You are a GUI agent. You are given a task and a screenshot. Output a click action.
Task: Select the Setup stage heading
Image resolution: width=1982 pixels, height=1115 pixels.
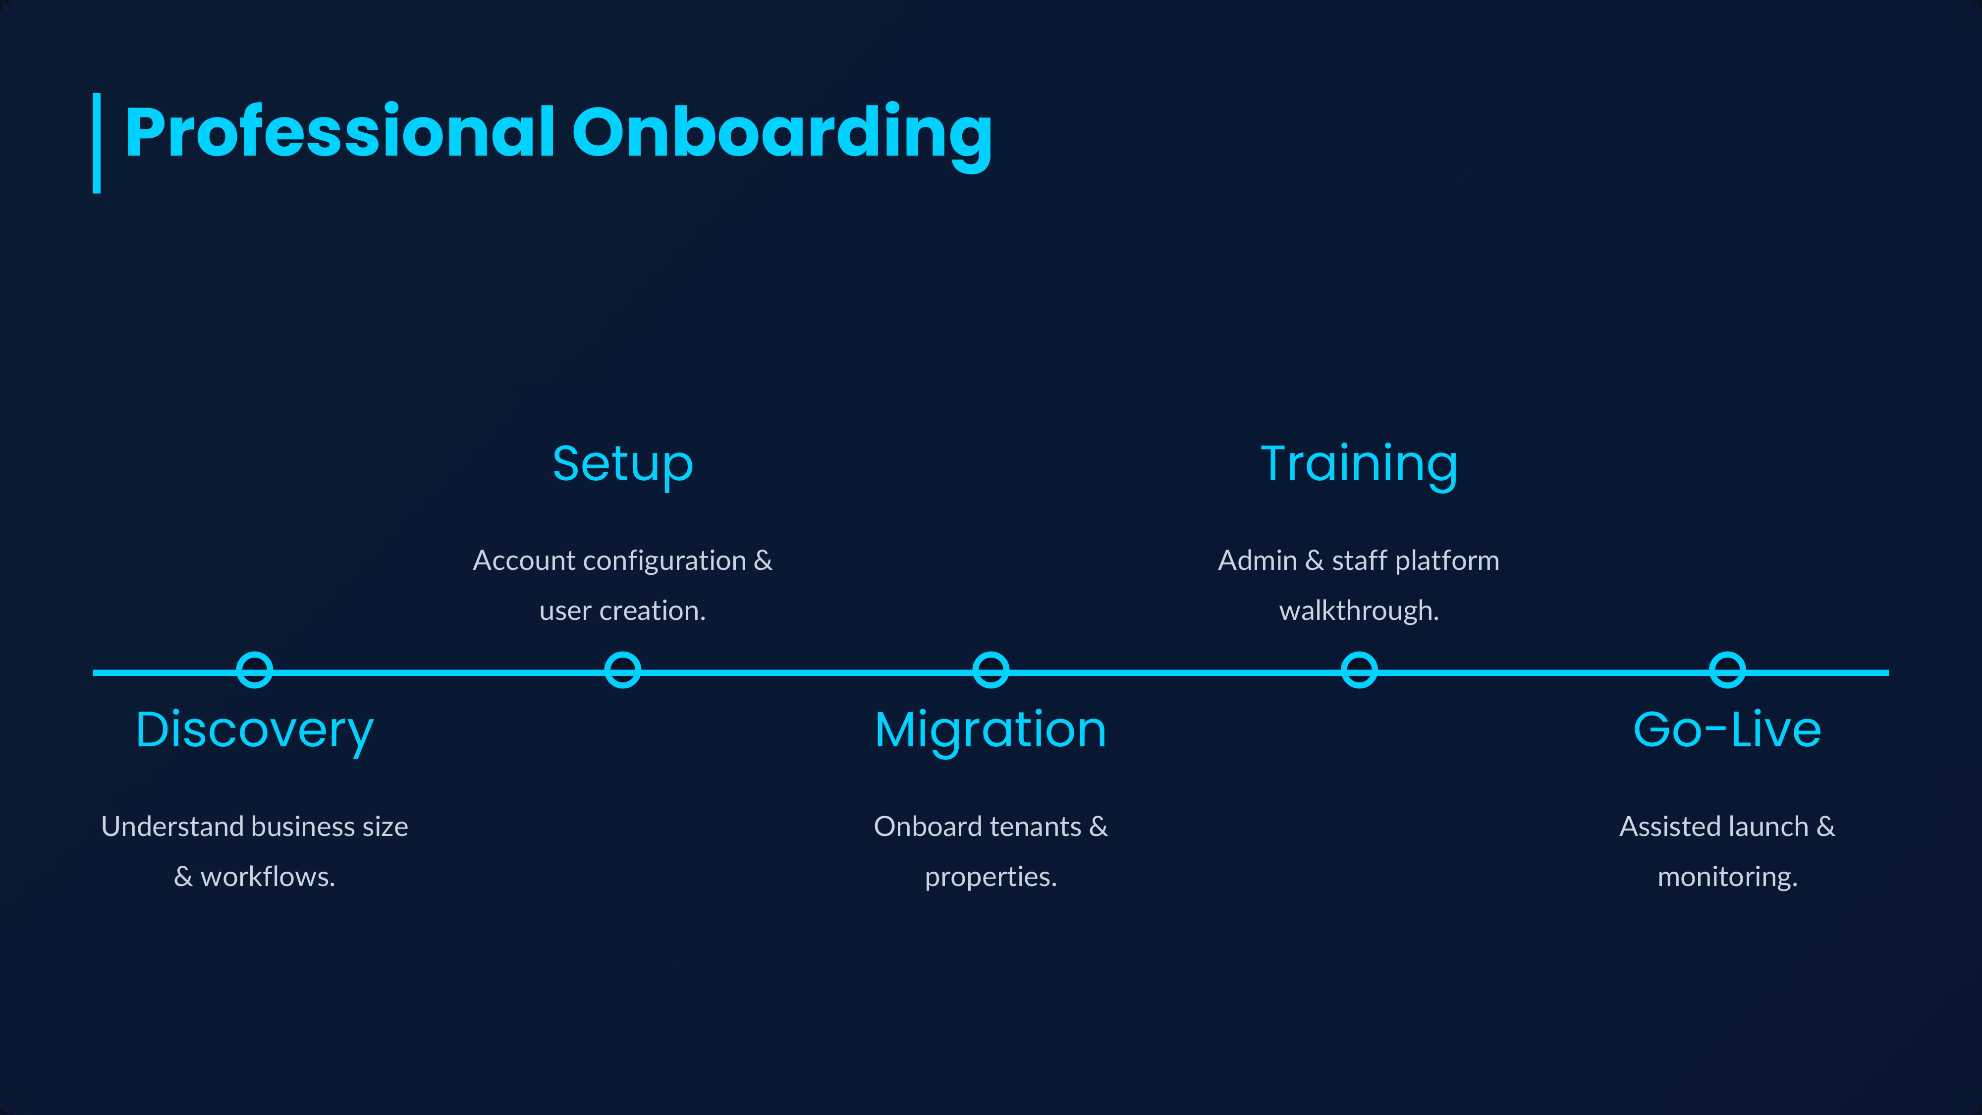(622, 464)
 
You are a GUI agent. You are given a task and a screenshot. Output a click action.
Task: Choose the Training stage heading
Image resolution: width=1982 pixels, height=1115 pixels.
(1359, 464)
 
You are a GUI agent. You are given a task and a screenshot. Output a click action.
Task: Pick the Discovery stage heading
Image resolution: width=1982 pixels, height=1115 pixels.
(255, 729)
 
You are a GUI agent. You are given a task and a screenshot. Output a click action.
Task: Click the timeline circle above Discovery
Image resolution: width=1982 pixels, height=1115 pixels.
(255, 669)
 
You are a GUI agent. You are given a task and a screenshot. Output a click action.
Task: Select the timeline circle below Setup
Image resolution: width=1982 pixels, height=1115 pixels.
(622, 669)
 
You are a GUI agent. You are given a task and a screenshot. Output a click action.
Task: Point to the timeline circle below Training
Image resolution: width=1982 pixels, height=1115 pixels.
(1359, 669)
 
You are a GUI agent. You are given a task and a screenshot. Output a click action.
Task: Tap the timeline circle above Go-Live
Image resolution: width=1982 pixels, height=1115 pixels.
(1727, 669)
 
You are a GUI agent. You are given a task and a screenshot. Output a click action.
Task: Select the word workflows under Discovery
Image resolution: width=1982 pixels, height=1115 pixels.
(267, 877)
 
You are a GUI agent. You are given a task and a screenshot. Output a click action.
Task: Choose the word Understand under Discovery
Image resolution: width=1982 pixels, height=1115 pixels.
(172, 827)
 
